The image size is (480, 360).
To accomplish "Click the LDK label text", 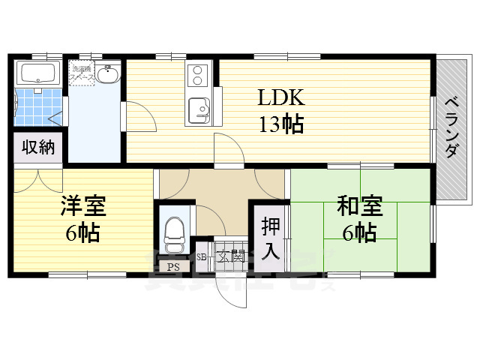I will [x=281, y=98].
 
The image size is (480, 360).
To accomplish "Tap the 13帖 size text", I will [x=281, y=124].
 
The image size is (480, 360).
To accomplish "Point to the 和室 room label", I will [x=360, y=205].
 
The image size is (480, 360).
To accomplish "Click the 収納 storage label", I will [x=37, y=147].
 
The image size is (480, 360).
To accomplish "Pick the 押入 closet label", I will [x=270, y=238].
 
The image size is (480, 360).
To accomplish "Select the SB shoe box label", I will [x=201, y=257].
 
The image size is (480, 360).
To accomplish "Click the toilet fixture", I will [x=174, y=235].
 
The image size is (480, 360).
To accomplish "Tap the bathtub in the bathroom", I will [x=39, y=73].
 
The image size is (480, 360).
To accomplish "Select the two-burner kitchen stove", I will [x=199, y=76].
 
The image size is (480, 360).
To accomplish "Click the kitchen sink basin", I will [x=199, y=109].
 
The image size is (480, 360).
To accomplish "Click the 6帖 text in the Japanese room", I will [x=360, y=232].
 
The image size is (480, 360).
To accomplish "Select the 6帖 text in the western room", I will [x=83, y=233].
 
